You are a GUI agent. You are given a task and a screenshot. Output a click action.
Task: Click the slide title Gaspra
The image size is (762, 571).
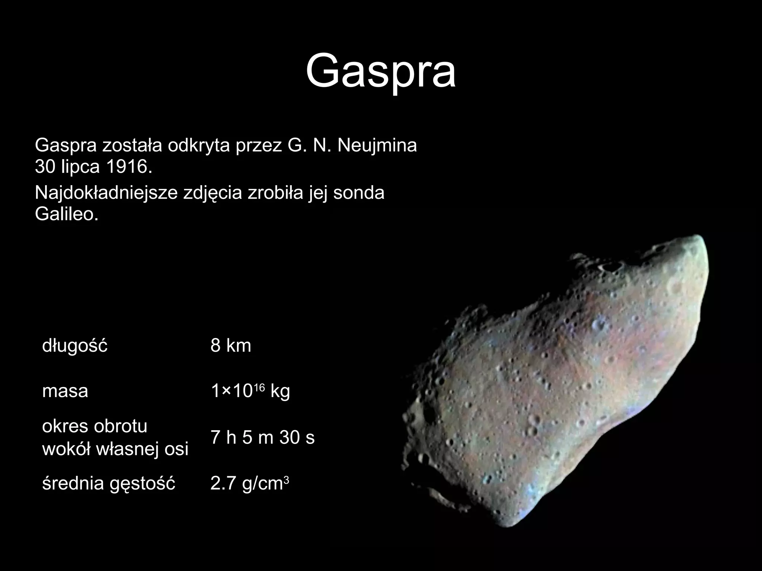381,71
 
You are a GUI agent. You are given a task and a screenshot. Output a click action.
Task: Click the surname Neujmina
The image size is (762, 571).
377,146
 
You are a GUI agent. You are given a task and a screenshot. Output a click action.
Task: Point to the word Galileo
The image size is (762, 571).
67,214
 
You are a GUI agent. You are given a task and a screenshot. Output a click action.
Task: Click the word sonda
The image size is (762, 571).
359,193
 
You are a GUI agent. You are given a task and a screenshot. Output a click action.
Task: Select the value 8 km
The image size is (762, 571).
231,346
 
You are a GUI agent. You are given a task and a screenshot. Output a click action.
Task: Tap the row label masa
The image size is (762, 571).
65,391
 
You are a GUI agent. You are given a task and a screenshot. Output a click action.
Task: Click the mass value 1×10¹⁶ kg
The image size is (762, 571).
250,391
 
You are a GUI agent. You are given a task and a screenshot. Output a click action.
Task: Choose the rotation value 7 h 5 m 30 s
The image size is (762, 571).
262,437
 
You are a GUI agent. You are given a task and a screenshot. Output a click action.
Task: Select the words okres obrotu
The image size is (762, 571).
95,426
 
